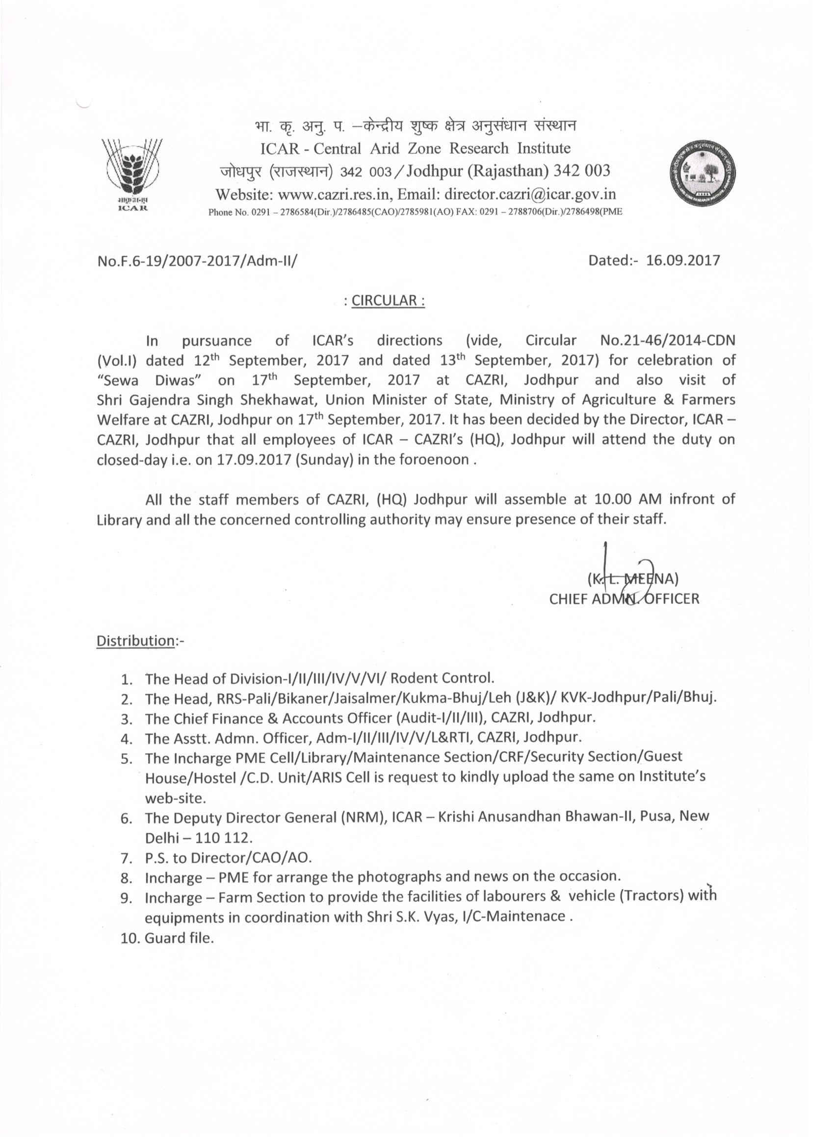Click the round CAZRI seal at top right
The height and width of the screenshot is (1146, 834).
[703, 174]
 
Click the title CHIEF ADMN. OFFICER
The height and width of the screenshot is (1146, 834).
[624, 599]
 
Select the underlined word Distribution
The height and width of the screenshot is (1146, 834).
[135, 641]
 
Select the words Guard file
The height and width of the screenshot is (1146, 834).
[180, 938]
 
